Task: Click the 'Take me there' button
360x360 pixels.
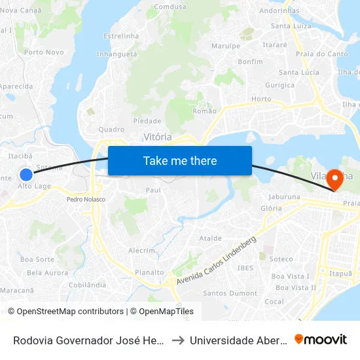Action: click(x=180, y=160)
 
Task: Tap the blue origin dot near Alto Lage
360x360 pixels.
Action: click(x=26, y=174)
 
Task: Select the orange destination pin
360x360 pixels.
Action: click(x=336, y=178)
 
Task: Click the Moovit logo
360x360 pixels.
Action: click(x=321, y=339)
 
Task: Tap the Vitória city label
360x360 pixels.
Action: click(x=158, y=137)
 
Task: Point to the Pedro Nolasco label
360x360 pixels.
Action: click(x=86, y=199)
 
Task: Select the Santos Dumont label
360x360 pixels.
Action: click(x=230, y=293)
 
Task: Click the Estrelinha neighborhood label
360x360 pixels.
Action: click(x=121, y=35)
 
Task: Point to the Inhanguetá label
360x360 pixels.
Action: click(x=117, y=54)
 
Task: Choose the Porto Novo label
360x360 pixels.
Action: click(x=44, y=52)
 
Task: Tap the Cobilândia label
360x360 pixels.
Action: click(x=87, y=285)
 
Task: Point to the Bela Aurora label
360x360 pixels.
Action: click(x=47, y=272)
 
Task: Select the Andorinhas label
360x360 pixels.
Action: click(x=279, y=11)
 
